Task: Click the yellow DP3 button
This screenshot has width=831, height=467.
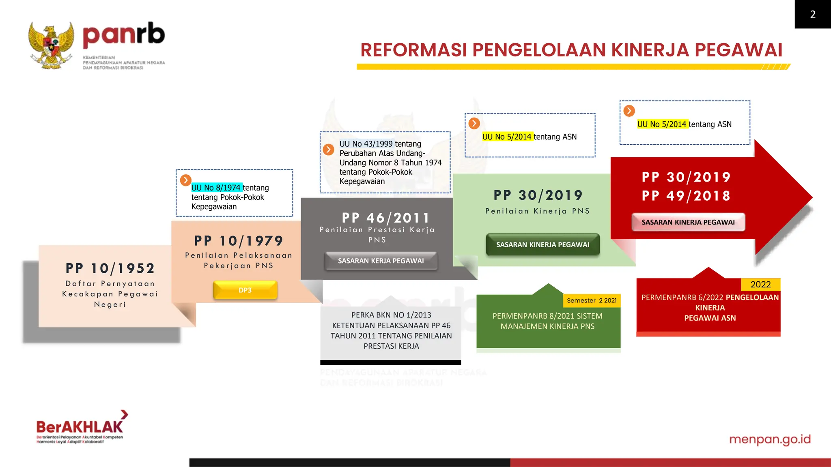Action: point(245,290)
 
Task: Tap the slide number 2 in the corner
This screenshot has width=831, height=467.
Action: point(812,15)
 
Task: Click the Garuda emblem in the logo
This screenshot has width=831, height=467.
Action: point(51,45)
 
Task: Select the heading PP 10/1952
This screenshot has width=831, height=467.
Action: point(110,268)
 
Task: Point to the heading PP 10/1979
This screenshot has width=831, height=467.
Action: point(239,241)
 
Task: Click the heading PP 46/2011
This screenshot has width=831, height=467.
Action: point(385,218)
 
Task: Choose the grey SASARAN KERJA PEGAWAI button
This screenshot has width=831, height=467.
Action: point(381,261)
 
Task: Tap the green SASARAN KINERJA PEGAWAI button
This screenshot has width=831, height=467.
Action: point(543,245)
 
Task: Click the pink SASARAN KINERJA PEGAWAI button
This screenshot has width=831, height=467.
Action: point(688,222)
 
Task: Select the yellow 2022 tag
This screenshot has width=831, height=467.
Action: point(760,285)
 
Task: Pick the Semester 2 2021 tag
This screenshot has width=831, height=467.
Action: point(592,301)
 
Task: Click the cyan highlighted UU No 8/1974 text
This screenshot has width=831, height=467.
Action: point(216,188)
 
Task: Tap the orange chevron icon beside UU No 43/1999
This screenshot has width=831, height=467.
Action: point(328,150)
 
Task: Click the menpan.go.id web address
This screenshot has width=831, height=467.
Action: point(770,439)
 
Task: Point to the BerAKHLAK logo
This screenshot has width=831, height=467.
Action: point(80,427)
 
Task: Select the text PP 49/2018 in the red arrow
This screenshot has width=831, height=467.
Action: point(686,196)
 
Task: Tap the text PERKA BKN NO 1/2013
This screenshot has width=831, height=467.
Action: point(391,315)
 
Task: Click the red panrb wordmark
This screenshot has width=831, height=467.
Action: point(124,36)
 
